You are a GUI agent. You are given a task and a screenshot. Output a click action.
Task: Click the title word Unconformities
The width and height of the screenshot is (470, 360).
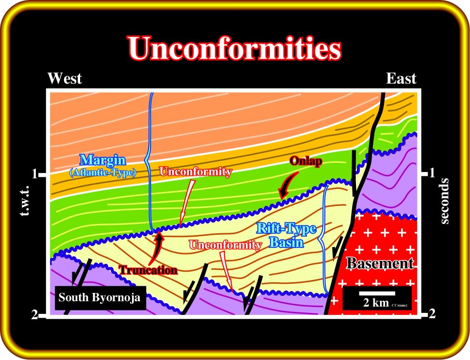click(x=235, y=49)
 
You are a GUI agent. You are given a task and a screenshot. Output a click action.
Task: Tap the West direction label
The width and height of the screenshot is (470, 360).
click(x=65, y=79)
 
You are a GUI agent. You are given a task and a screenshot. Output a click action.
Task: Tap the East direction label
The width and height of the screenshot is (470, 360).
click(x=401, y=79)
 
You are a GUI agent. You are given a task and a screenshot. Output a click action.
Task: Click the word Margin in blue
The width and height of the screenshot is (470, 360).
click(x=103, y=160)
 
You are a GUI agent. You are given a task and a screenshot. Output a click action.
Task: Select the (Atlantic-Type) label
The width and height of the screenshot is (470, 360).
click(x=103, y=172)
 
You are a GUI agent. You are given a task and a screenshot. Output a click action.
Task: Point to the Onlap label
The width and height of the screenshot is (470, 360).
click(x=306, y=161)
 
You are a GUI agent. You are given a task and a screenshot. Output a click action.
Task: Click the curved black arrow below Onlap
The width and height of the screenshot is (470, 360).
click(x=288, y=186)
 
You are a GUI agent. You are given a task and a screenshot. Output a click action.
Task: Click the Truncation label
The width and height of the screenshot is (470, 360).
click(x=148, y=270)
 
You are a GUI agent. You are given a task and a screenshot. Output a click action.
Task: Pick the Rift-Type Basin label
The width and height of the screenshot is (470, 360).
click(x=286, y=235)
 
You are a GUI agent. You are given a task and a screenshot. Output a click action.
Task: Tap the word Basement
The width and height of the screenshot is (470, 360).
click(x=380, y=263)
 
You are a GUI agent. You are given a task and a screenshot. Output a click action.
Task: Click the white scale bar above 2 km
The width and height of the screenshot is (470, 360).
click(x=377, y=293)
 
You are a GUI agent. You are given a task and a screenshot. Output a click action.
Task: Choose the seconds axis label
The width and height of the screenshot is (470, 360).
click(x=445, y=201)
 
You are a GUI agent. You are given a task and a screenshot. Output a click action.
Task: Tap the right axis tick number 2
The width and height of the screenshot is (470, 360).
click(x=432, y=314)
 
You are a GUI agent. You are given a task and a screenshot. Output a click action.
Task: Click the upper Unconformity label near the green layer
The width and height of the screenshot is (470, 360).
click(x=196, y=171)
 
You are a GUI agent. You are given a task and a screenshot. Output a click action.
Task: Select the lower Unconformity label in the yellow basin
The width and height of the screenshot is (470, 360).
click(x=225, y=245)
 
